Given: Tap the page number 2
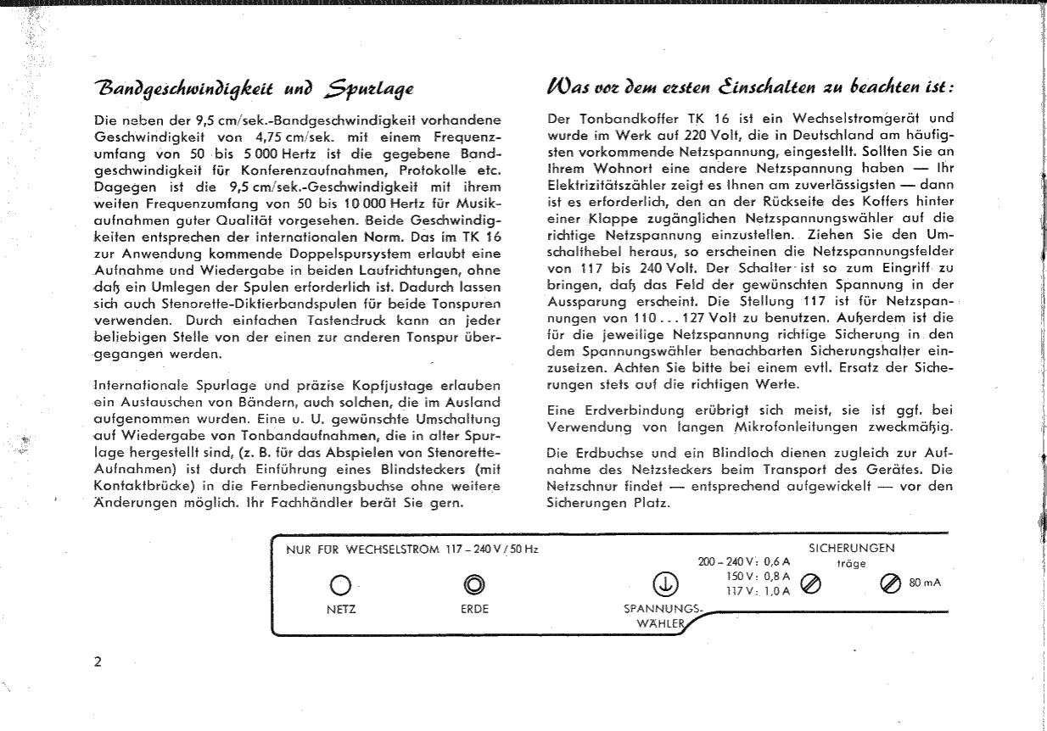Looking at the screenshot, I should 98,661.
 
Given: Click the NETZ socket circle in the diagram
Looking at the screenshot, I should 339,585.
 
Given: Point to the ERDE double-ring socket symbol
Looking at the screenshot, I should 474,584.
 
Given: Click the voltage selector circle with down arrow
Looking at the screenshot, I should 664,583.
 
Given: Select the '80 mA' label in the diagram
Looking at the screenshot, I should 925,583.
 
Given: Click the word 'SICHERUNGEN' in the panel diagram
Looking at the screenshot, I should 851,548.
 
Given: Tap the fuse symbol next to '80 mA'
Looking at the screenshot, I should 889,583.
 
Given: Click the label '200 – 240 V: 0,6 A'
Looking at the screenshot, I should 743,561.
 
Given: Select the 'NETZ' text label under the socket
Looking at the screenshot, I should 340,609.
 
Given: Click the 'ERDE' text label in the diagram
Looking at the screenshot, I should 474,609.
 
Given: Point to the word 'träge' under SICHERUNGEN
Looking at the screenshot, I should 851,563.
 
